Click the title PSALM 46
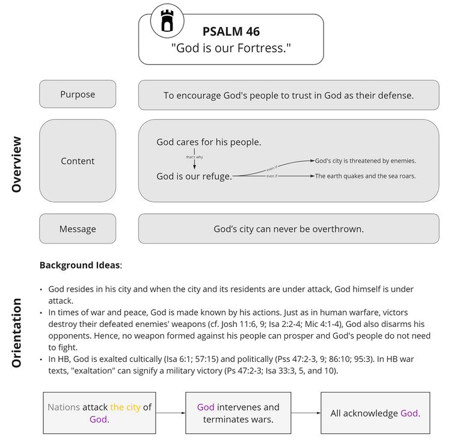[x=231, y=31]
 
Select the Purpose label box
[x=78, y=94]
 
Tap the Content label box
[x=78, y=161]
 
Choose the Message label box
[x=78, y=229]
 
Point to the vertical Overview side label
[x=16, y=164]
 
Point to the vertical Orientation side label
[x=16, y=332]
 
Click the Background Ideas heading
[x=81, y=265]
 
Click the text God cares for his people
[x=209, y=142]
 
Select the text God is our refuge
[x=194, y=176]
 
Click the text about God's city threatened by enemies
[x=365, y=161]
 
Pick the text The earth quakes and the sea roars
[x=365, y=176]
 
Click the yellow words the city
[x=125, y=407]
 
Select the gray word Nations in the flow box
[x=64, y=407]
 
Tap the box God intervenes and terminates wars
[x=238, y=413]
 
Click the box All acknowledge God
[x=375, y=413]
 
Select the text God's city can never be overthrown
[x=289, y=229]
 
